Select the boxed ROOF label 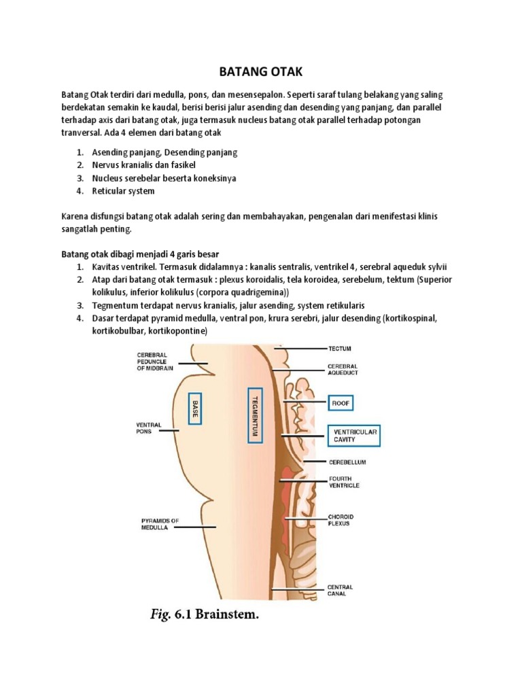point(341,403)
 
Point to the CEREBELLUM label point(347,462)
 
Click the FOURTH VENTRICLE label point(344,483)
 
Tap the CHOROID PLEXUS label point(341,521)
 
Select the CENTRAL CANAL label point(341,590)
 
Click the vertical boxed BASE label point(195,408)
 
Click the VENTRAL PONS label point(148,428)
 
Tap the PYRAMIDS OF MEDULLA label point(155,524)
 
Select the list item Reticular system point(123,191)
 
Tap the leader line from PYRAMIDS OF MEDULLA point(198,525)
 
